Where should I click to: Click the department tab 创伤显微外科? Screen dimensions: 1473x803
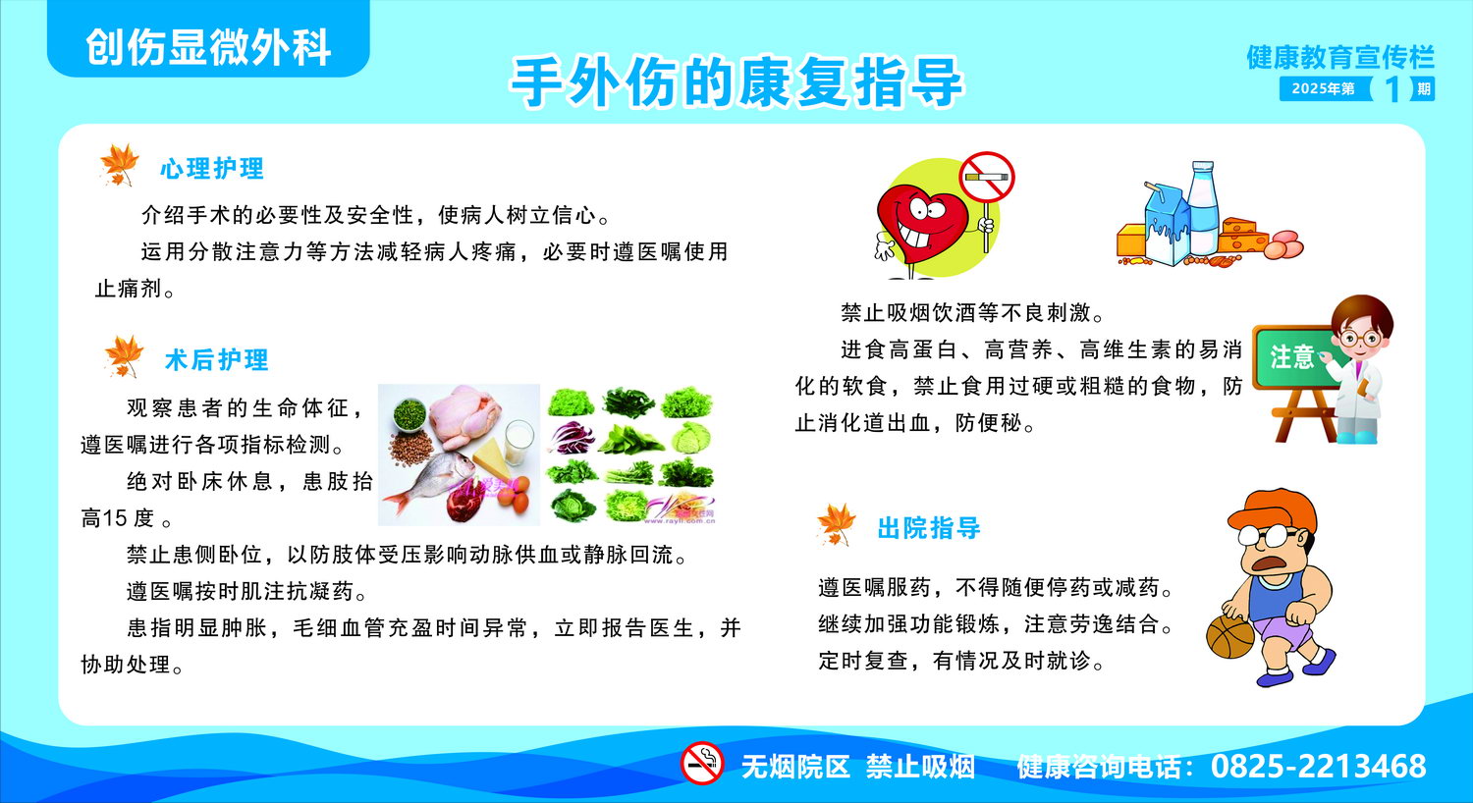coord(208,47)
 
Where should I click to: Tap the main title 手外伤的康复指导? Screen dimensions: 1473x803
coord(737,82)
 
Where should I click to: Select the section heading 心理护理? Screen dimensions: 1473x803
coord(212,169)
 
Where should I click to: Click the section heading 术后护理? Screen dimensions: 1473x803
coord(217,360)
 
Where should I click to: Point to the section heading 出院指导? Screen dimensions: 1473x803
coord(929,528)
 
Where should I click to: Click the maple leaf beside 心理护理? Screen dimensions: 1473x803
coord(119,164)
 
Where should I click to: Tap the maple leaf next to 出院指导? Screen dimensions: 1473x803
coord(836,524)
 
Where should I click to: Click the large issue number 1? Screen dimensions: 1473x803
coord(1391,89)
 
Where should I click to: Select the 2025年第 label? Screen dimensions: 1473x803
coord(1323,88)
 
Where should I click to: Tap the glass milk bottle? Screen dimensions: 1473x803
coord(1203,208)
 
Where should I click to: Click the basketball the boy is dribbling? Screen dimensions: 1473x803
coord(1230,636)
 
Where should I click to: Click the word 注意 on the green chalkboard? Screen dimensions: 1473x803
coord(1291,357)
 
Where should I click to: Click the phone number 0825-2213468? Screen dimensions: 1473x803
coord(1319,767)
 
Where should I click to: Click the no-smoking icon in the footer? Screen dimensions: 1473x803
coord(702,763)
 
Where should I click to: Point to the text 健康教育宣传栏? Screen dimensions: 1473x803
coord(1340,57)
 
